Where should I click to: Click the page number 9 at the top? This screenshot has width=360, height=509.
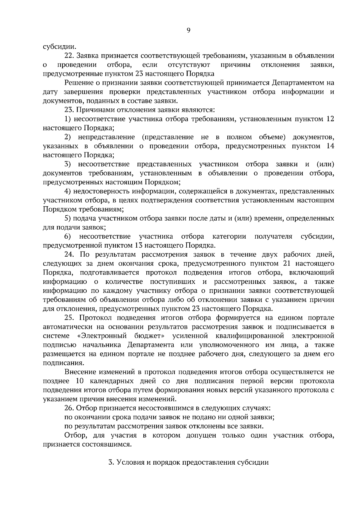point(188,30)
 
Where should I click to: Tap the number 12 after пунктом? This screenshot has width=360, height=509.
point(330,119)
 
